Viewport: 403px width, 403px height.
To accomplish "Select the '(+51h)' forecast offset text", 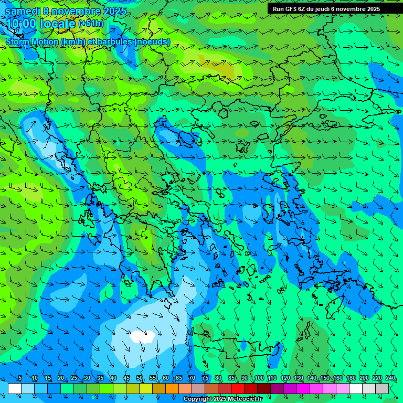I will [91, 24].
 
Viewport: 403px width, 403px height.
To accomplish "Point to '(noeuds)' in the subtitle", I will [152, 41].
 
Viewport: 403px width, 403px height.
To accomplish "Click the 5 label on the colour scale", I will [20, 378].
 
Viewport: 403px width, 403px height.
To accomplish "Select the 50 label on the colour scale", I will [140, 378].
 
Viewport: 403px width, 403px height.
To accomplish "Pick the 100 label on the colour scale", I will [259, 378].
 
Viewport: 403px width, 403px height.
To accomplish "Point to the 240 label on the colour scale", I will [390, 378].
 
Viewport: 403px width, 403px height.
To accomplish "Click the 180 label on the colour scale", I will [351, 378].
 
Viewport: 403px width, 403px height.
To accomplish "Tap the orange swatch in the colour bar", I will [172, 388].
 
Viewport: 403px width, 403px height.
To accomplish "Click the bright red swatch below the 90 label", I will [238, 388].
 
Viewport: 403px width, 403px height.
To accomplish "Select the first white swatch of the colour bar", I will [15, 388].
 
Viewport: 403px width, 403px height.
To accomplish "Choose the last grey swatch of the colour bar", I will [382, 388].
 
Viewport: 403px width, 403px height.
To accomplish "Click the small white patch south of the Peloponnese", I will [143, 336].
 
